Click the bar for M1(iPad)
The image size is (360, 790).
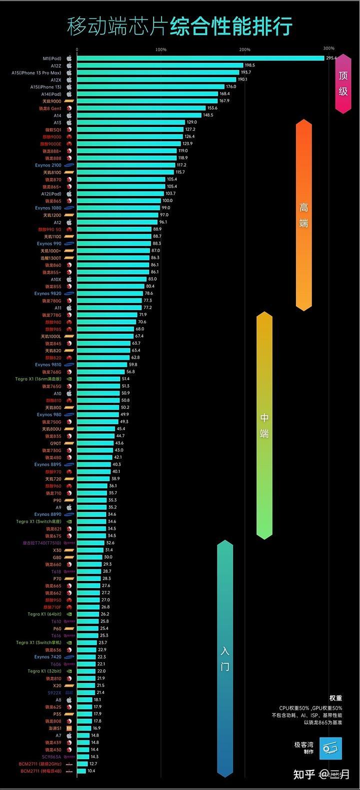[x=200, y=58]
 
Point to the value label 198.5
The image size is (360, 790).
[x=249, y=66]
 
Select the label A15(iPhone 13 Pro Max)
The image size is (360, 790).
[x=36, y=73]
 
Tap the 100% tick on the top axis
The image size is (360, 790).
[x=161, y=49]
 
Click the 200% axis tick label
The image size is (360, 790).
[x=244, y=49]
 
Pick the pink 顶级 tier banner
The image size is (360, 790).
[x=343, y=83]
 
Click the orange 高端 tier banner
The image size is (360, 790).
[x=303, y=215]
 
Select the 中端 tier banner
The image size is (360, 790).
[x=264, y=425]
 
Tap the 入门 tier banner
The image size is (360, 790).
[x=225, y=658]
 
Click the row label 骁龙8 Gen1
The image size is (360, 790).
[x=50, y=108]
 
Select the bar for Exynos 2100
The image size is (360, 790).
[x=125, y=165]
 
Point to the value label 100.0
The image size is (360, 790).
[x=167, y=201]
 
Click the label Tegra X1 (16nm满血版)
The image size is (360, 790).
[x=37, y=379]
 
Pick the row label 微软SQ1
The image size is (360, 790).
[x=53, y=130]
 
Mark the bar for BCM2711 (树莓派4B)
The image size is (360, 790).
[x=81, y=771]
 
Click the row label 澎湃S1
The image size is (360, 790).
[x=55, y=728]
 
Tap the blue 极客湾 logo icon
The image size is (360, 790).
[x=330, y=748]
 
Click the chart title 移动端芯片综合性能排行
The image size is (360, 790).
[x=180, y=26]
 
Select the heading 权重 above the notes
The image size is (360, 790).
[x=335, y=698]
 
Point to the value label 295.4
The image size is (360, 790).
[x=331, y=58]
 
